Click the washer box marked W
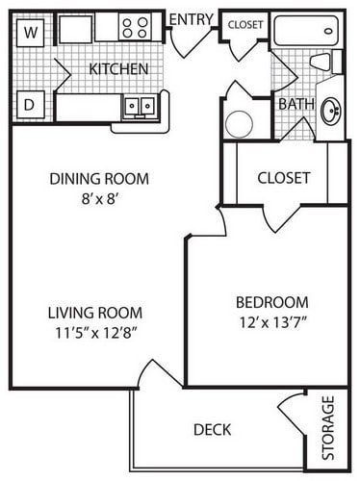(x=30, y=33)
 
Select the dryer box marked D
(x=30, y=105)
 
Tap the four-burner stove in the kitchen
(x=135, y=27)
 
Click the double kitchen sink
(x=140, y=105)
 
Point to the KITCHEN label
(x=118, y=69)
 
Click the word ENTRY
(x=192, y=19)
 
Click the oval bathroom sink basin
(x=331, y=112)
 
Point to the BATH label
(x=296, y=104)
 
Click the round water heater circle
(x=239, y=124)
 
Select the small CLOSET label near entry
(x=245, y=25)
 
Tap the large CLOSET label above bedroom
(x=284, y=178)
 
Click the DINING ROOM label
(x=99, y=179)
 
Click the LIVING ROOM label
(x=95, y=313)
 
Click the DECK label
(x=212, y=430)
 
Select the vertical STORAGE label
(x=328, y=428)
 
